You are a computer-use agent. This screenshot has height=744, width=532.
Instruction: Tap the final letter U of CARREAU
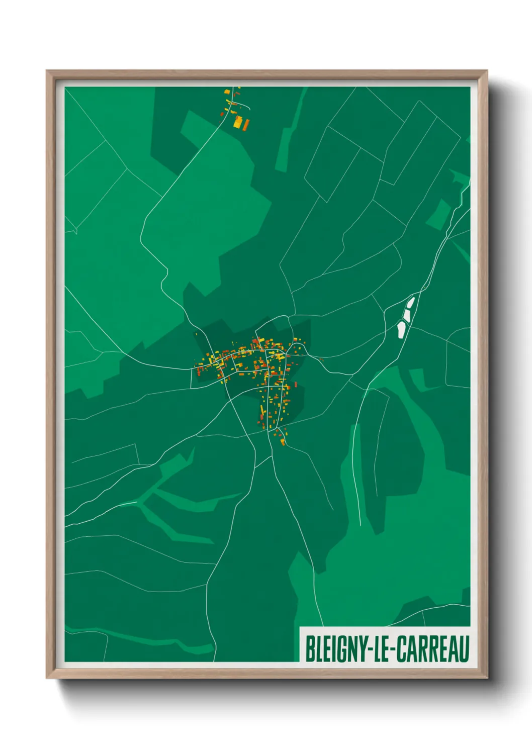pyautogui.click(x=464, y=649)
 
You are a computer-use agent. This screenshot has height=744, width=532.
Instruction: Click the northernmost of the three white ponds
pyautogui.click(x=410, y=303)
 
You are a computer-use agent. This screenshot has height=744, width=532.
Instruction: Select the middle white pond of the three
pyautogui.click(x=406, y=316)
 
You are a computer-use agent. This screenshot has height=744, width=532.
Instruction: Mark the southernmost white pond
pyautogui.click(x=401, y=329)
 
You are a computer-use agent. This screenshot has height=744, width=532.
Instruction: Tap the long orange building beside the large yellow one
pyautogui.click(x=246, y=124)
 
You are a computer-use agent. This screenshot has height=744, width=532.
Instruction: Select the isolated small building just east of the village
pyautogui.click(x=321, y=359)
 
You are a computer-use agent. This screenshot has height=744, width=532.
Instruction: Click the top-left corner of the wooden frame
pyautogui.click(x=47, y=71)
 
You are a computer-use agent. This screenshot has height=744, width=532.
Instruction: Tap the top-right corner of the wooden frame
pyautogui.click(x=486, y=71)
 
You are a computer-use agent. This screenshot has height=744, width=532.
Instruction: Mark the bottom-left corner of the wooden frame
pyautogui.click(x=47, y=678)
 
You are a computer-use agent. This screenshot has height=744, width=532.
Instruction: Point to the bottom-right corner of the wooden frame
pyautogui.click(x=486, y=678)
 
